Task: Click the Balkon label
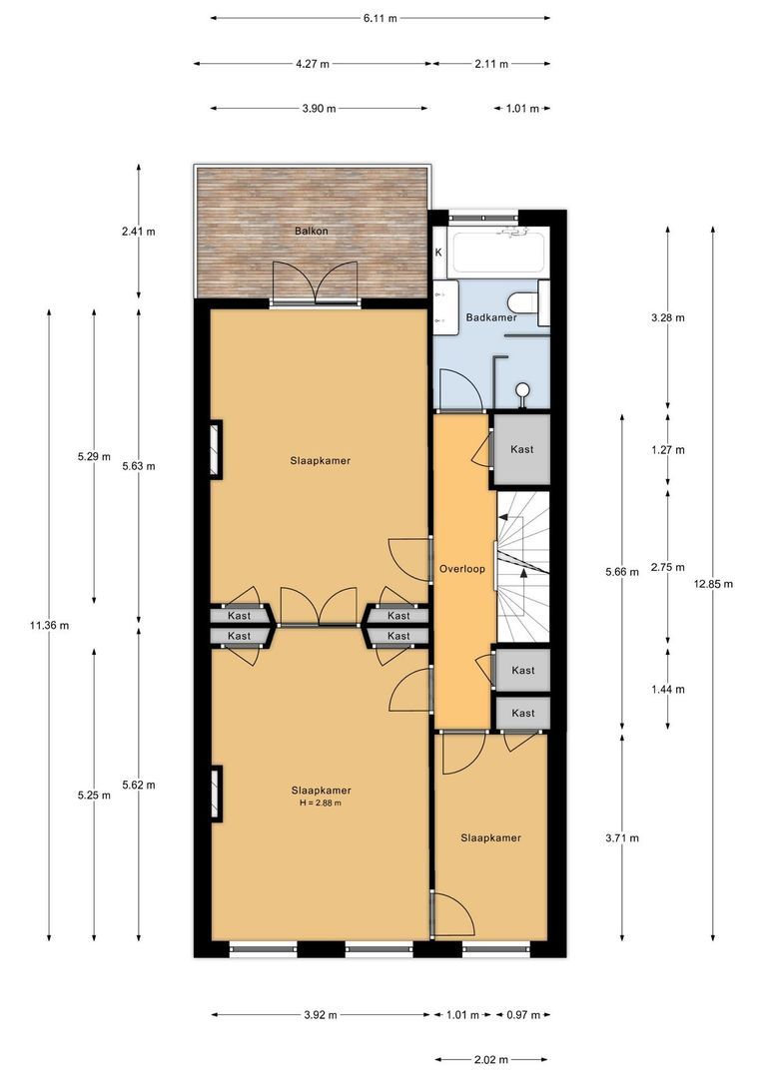point(311,231)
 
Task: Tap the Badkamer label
point(491,317)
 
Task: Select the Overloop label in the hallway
point(462,569)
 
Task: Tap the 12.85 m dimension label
point(713,584)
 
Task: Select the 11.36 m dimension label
point(50,626)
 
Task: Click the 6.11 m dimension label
point(381,19)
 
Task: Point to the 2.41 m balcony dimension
point(138,232)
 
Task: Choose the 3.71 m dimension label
point(622,838)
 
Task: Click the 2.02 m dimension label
point(492,1059)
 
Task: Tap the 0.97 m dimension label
point(523,1015)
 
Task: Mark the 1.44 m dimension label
point(668,690)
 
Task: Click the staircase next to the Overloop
point(523,568)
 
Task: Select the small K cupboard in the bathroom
point(439,253)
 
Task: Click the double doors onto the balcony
point(316,283)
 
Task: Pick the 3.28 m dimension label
point(668,318)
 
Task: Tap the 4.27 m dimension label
point(313,64)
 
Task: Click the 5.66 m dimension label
point(622,572)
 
